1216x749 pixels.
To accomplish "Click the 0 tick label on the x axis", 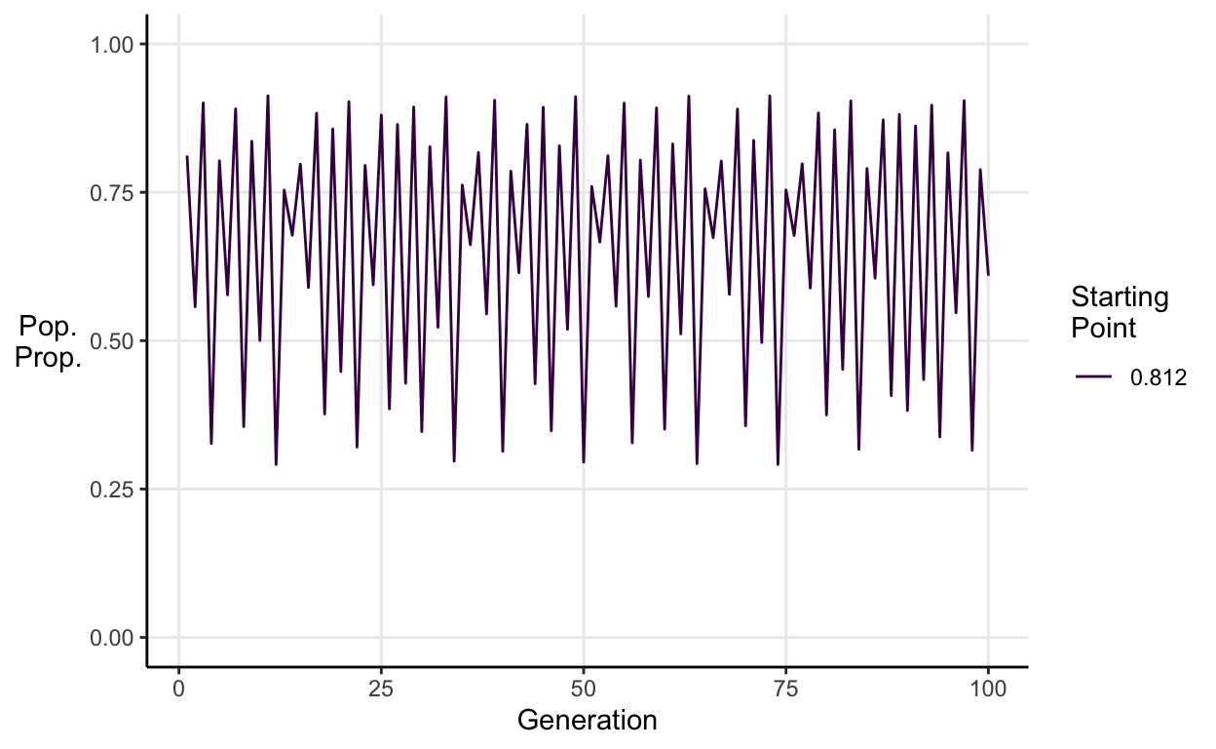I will (178, 690).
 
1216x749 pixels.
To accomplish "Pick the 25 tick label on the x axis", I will (381, 690).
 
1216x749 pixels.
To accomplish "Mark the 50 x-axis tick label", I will (584, 690).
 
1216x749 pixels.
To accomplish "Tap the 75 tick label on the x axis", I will (785, 690).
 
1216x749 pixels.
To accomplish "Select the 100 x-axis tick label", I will (988, 690).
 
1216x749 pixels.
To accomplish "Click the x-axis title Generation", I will (587, 722).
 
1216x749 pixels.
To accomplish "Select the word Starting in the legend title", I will (1119, 297).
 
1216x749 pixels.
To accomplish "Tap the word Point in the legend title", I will (1103, 328).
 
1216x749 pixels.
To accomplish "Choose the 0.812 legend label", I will (1158, 379).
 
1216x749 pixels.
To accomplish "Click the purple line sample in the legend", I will (1095, 379).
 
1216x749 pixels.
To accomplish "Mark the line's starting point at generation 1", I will (187, 156).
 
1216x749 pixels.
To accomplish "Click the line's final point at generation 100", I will (988, 274).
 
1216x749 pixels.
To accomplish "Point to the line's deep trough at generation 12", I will (276, 464).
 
